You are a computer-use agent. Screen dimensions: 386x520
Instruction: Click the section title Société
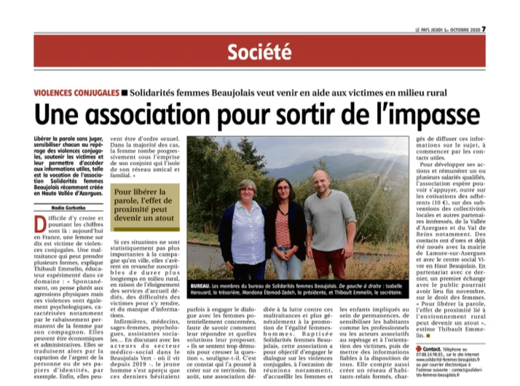(x=259, y=52)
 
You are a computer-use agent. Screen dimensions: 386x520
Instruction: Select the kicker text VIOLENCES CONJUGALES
(x=75, y=92)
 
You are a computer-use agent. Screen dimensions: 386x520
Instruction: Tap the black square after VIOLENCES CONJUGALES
(x=123, y=92)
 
